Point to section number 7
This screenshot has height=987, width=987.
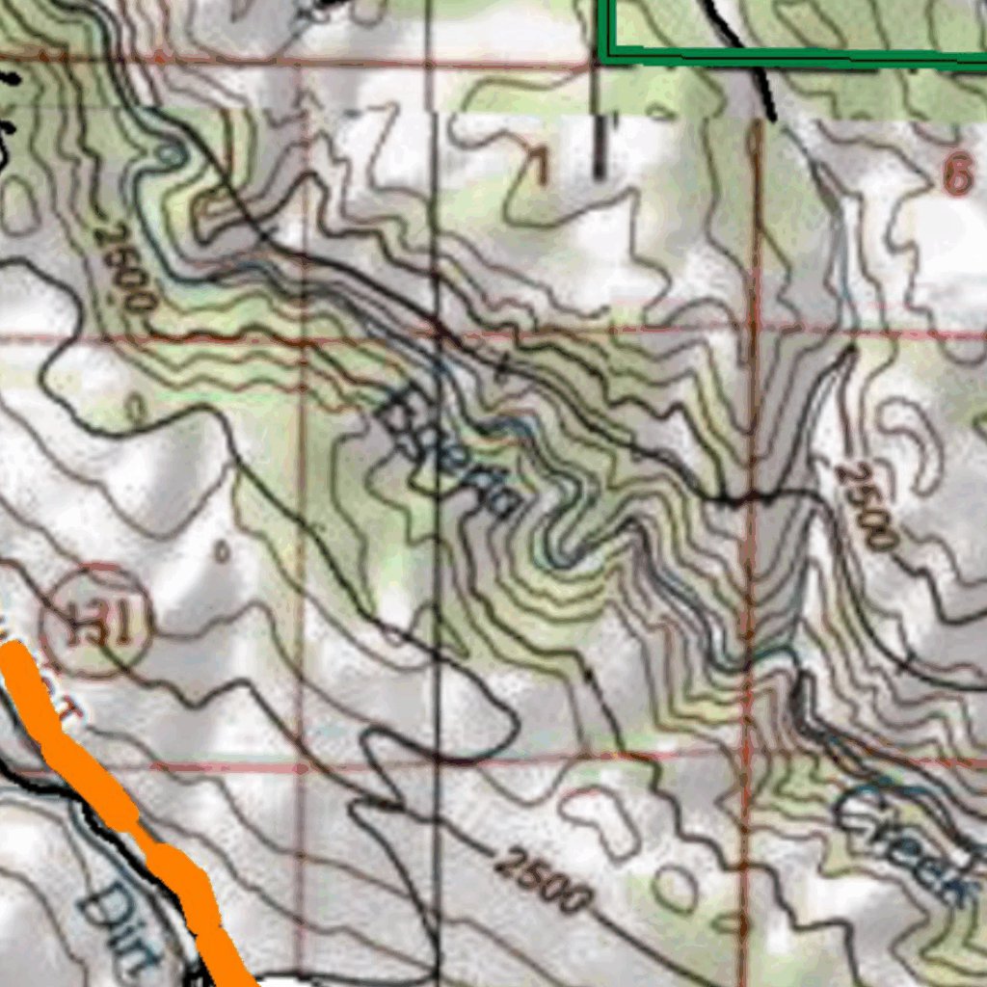pyautogui.click(x=536, y=167)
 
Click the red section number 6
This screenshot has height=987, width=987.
pyautogui.click(x=957, y=176)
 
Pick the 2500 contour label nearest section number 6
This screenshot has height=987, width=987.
pyautogui.click(x=867, y=505)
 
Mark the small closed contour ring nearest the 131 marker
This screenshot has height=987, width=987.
pyautogui.click(x=222, y=551)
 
